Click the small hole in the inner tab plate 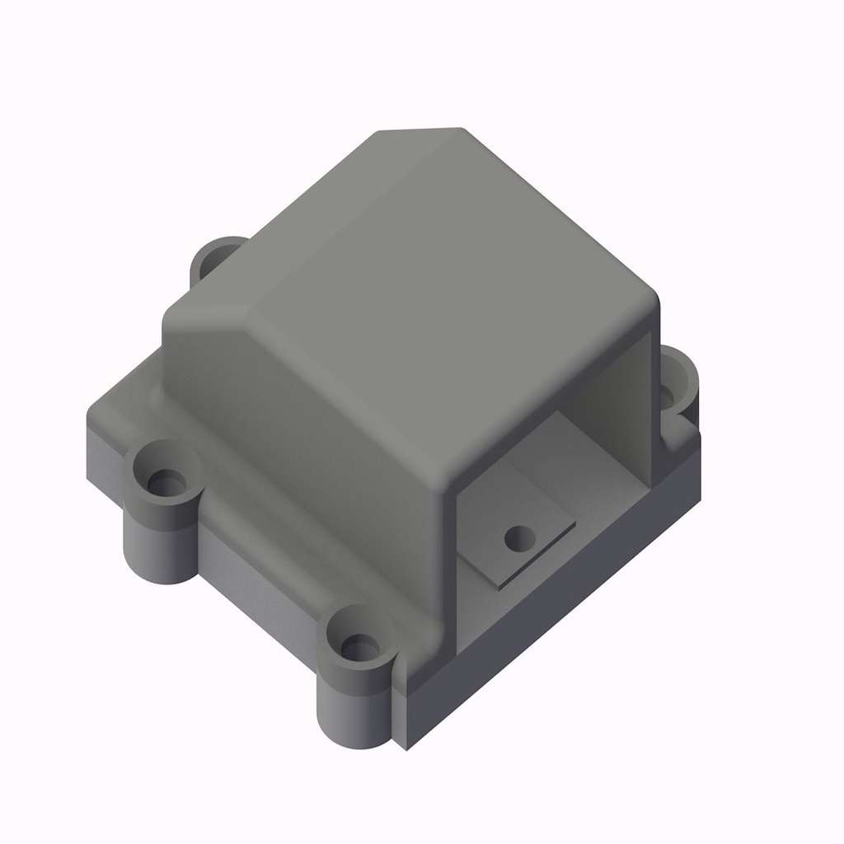[519, 539]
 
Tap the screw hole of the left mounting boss [167, 483]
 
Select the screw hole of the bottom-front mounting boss [359, 647]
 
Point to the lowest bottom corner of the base [404, 748]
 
